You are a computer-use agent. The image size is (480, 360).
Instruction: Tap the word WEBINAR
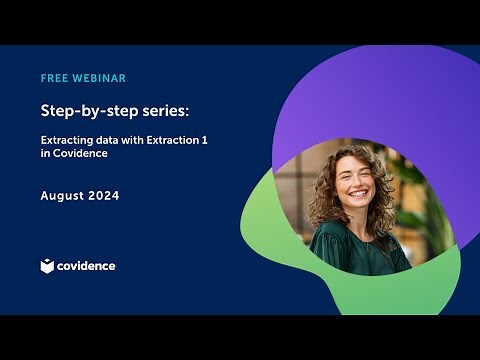pyautogui.click(x=100, y=78)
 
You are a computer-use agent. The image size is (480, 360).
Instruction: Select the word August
pyautogui.click(x=62, y=196)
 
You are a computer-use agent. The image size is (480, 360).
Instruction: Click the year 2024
pyautogui.click(x=104, y=196)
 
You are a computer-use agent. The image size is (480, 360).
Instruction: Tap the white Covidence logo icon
pyautogui.click(x=47, y=266)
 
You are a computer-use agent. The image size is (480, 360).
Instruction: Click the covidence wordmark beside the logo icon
pyautogui.click(x=86, y=266)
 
